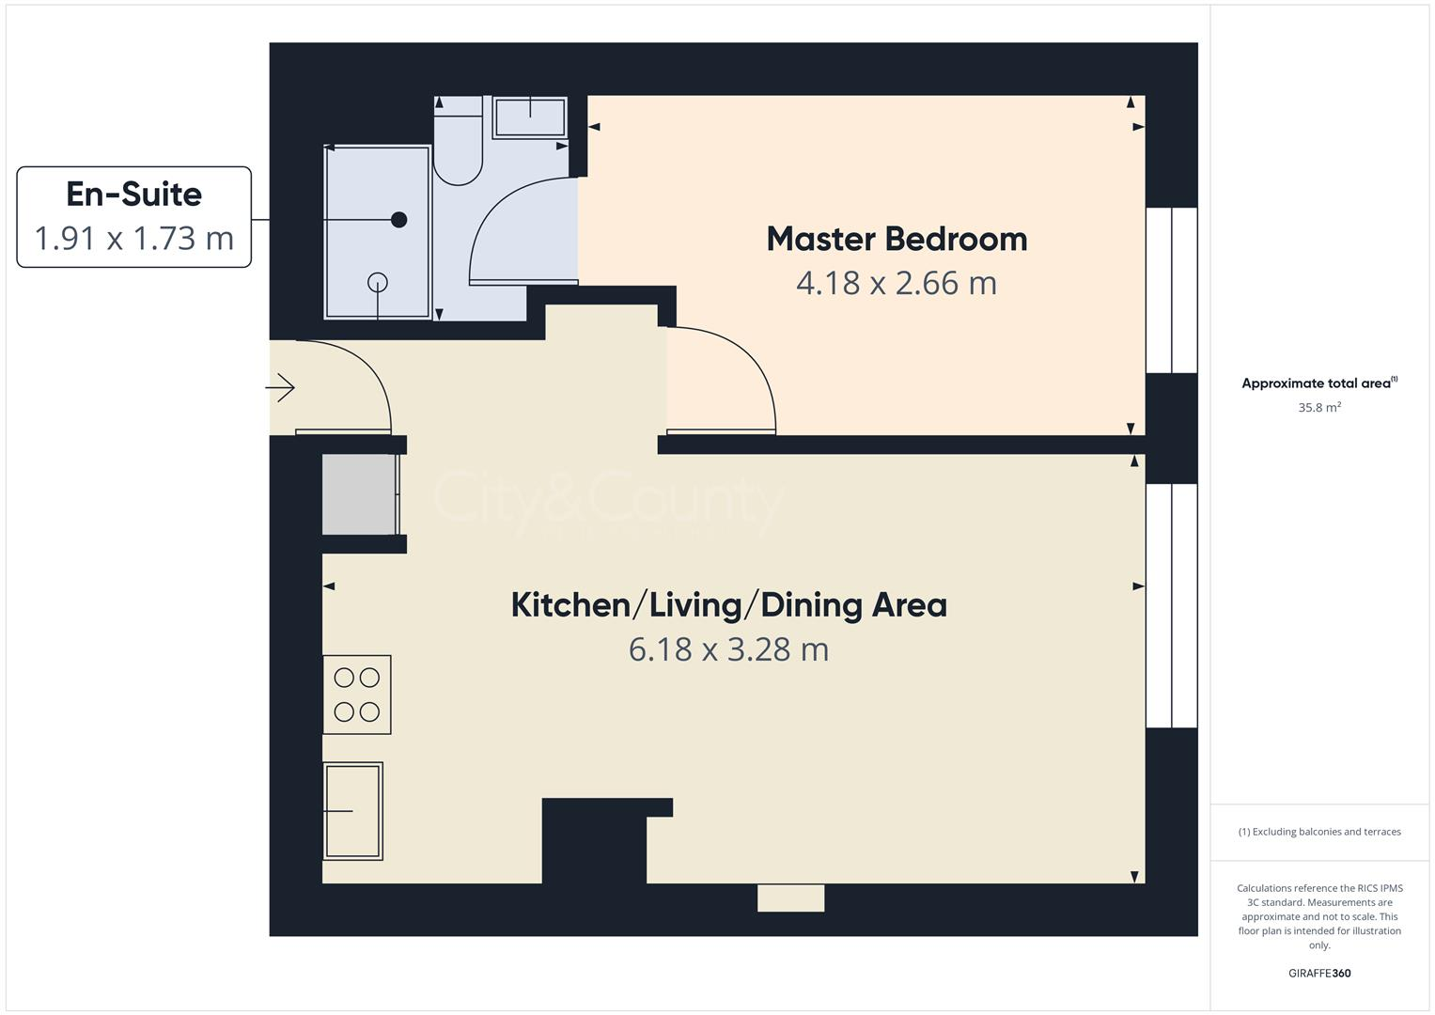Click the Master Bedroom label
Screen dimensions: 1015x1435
(x=897, y=239)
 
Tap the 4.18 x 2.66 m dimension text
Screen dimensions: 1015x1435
(x=897, y=283)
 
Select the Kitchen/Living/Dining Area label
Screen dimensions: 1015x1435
(x=728, y=604)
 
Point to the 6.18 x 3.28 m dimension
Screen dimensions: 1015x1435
(x=728, y=649)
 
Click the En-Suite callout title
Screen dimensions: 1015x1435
(x=133, y=195)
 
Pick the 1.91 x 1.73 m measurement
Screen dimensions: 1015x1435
(x=133, y=239)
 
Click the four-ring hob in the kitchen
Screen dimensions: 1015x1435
(x=357, y=695)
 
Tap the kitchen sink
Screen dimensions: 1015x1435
(x=353, y=810)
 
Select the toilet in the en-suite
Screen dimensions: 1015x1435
(x=458, y=142)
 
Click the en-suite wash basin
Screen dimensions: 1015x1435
(x=530, y=117)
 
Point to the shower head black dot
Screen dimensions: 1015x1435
(x=398, y=220)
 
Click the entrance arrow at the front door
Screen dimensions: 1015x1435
(x=281, y=387)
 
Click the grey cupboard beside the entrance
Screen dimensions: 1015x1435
(x=358, y=494)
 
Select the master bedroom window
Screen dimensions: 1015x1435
(x=1171, y=290)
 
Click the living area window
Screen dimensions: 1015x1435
(x=1171, y=606)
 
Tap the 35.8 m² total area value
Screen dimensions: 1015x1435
(x=1318, y=408)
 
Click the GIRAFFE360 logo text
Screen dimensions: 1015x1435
(x=1318, y=974)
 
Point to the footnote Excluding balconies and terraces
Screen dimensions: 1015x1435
(x=1318, y=832)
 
